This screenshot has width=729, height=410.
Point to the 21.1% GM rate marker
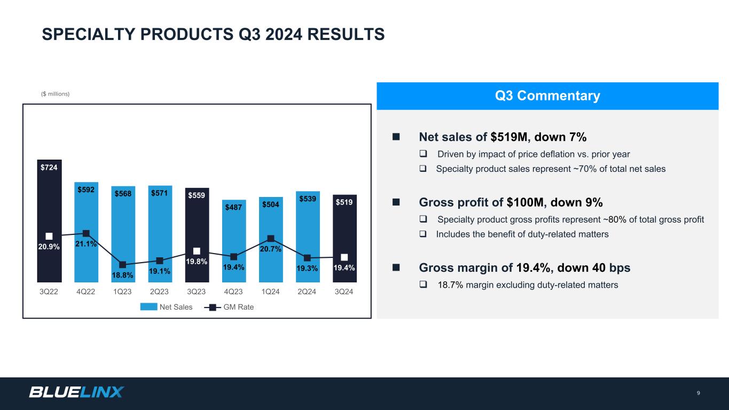click(86, 233)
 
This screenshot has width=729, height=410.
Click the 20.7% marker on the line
click(271, 239)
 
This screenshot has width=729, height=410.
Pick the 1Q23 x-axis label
click(122, 292)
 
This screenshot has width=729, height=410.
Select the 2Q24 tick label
click(307, 292)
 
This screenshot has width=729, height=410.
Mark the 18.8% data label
click(123, 275)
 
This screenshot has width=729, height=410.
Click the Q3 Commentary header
click(547, 96)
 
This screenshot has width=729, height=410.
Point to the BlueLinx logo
click(76, 392)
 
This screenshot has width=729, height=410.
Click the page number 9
click(698, 393)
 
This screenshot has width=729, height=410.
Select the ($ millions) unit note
click(56, 94)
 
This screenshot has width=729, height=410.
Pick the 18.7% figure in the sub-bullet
click(450, 285)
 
